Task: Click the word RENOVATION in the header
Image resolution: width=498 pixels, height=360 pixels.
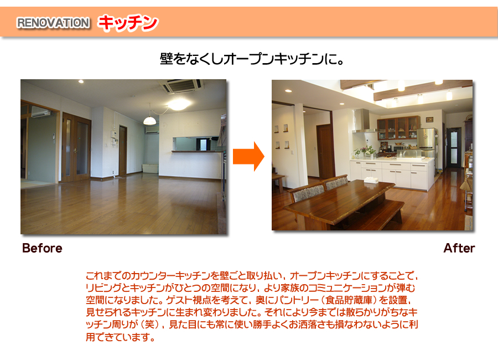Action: tap(53, 23)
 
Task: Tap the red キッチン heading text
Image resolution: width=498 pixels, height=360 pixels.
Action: tap(128, 23)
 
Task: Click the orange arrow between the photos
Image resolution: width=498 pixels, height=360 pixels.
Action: tap(248, 157)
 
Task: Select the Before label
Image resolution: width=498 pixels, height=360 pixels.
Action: tap(42, 248)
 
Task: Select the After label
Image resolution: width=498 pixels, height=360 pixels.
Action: tap(459, 248)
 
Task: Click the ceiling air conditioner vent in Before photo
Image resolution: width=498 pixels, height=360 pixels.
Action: tap(181, 85)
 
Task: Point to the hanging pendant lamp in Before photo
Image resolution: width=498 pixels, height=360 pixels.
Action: tap(149, 120)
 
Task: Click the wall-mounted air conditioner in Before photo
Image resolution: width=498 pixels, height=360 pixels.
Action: tap(40, 112)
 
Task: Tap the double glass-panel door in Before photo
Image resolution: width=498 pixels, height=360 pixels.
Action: tap(76, 147)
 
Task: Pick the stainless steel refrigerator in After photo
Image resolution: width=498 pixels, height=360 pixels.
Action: tap(426, 142)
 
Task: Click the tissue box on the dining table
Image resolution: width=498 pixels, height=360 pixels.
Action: tap(371, 181)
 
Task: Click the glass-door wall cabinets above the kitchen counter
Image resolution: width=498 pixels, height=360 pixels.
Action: tap(398, 128)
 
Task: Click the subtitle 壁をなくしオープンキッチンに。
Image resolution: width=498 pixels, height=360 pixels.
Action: tap(252, 59)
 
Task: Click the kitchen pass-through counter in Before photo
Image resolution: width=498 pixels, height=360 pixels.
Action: tap(197, 151)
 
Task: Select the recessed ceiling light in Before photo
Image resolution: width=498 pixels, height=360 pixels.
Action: tap(81, 82)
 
